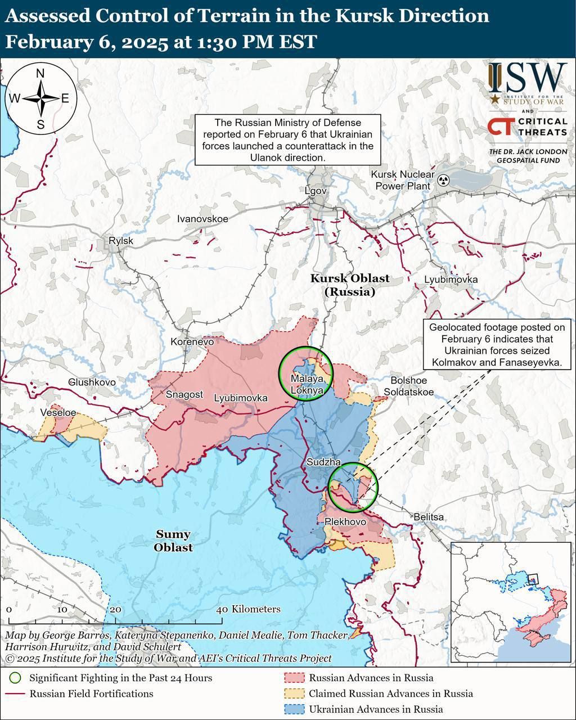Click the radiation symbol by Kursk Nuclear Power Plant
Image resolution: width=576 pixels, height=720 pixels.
[x=444, y=181]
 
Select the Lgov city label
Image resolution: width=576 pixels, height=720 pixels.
[x=316, y=191]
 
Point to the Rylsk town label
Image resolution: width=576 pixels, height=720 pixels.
[x=121, y=241]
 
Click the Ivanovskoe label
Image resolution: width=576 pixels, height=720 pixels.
[x=202, y=219]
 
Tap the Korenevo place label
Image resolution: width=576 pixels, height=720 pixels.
[x=192, y=341]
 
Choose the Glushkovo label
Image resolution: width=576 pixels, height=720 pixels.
[x=92, y=382]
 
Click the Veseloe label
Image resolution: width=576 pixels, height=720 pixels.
[x=58, y=412]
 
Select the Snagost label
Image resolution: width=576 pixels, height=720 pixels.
[x=184, y=394]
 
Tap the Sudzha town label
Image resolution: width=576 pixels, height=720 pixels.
[x=323, y=462]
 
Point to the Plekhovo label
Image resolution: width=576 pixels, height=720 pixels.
[x=345, y=522]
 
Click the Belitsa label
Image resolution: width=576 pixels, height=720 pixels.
[x=428, y=516]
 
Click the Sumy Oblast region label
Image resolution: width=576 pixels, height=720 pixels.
[x=173, y=541]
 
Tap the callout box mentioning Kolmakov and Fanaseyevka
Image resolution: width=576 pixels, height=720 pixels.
[x=497, y=345]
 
